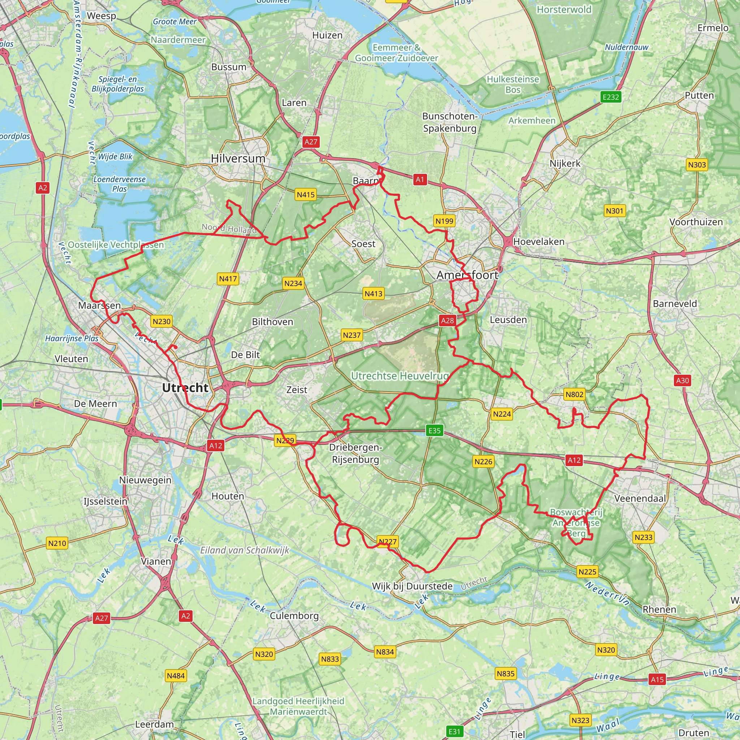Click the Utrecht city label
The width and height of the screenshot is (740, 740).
(185, 388)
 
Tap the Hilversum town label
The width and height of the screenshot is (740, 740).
(238, 159)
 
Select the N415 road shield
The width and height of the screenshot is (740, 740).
(306, 195)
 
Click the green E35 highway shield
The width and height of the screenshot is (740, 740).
(434, 430)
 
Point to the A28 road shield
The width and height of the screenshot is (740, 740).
(447, 320)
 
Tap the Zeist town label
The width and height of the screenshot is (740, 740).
(297, 390)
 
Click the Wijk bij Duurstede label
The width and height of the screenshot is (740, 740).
(412, 586)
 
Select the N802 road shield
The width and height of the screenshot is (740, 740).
(574, 395)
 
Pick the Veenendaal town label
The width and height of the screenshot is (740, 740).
(640, 498)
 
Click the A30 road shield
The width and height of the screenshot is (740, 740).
(682, 380)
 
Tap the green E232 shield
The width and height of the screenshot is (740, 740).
(611, 97)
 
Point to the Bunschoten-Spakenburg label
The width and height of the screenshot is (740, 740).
(449, 122)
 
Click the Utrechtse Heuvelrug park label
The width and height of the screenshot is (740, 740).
(400, 376)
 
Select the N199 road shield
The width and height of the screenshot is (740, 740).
(444, 221)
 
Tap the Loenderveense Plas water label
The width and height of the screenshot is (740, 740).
(120, 184)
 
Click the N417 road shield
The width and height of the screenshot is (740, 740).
(228, 279)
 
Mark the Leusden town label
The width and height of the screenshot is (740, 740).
(508, 319)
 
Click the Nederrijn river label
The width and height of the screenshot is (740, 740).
(607, 593)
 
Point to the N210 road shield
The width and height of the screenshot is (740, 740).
(57, 543)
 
